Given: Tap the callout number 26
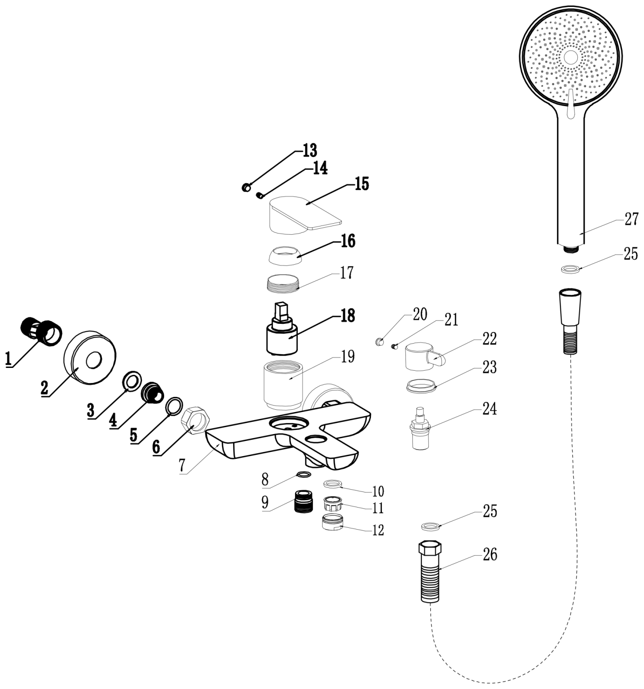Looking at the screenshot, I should coord(490,555).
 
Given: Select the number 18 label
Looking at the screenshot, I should coord(348,316).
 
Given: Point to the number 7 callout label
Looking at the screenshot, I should coord(182,465).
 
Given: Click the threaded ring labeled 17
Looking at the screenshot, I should coord(283,282).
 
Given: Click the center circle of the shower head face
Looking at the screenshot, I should coord(570,57).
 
